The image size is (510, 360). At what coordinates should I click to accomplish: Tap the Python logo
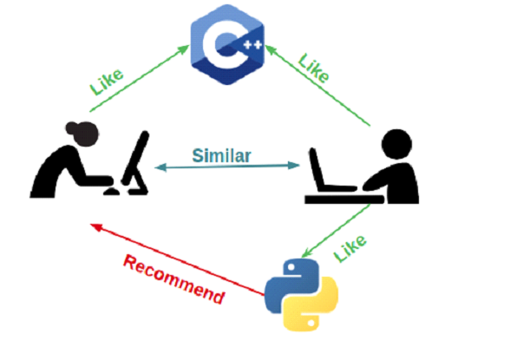[299, 293]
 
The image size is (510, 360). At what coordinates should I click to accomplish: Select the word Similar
[222, 156]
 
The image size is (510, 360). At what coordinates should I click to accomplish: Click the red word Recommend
[173, 278]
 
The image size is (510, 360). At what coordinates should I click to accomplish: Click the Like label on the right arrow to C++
[313, 67]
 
